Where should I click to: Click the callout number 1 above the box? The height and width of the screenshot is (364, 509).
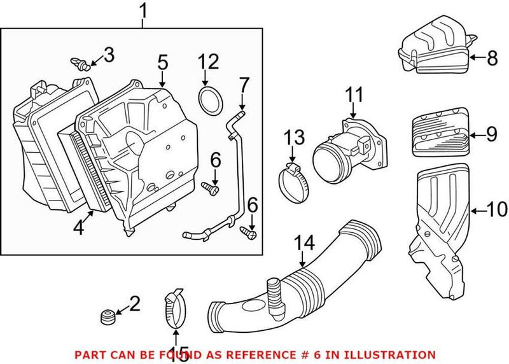pyautogui.click(x=144, y=11)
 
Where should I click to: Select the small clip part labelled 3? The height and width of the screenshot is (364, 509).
pyautogui.click(x=79, y=63)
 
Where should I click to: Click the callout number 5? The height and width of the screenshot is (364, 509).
pyautogui.click(x=162, y=62)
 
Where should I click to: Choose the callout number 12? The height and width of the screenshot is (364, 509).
pyautogui.click(x=207, y=62)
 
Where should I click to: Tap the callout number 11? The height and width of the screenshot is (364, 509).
pyautogui.click(x=354, y=95)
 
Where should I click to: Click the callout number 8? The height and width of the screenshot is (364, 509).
pyautogui.click(x=492, y=59)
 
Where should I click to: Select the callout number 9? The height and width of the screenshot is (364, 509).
pyautogui.click(x=492, y=134)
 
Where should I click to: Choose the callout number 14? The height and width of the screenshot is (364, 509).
pyautogui.click(x=304, y=242)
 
